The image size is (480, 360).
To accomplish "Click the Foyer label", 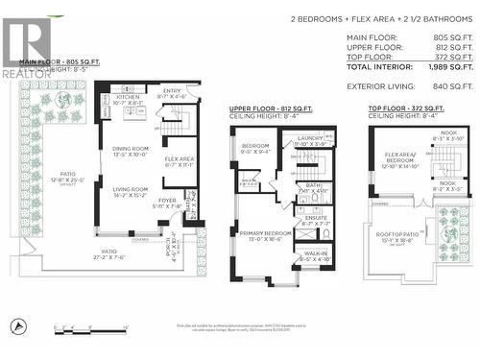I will tap(168, 203).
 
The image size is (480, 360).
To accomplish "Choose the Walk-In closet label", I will tap(314, 256).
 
